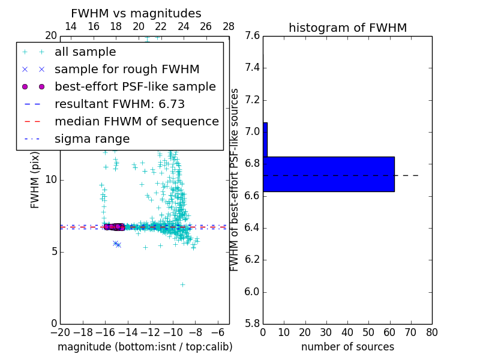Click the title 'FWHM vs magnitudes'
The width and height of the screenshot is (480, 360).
(x=136, y=13)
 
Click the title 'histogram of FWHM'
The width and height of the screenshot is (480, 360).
(x=347, y=28)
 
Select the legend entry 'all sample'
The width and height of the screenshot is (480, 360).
(x=85, y=52)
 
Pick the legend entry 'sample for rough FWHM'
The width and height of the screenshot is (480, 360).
(x=127, y=70)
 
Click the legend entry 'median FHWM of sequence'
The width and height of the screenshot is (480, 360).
(x=136, y=122)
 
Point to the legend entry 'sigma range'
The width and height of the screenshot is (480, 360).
(x=92, y=139)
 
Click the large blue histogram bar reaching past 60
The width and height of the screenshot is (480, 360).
(x=328, y=174)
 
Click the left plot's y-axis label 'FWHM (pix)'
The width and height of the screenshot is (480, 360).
(x=35, y=180)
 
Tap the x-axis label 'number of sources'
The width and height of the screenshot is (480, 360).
(x=347, y=347)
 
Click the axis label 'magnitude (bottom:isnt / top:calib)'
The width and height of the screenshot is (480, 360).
(x=145, y=347)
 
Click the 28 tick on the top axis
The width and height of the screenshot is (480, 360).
(x=229, y=26)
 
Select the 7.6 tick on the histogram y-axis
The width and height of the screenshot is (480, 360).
(x=253, y=36)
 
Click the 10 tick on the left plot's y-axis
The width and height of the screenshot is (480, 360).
(x=50, y=180)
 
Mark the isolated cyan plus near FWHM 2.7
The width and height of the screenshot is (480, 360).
(x=182, y=284)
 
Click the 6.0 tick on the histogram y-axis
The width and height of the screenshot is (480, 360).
(x=253, y=292)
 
